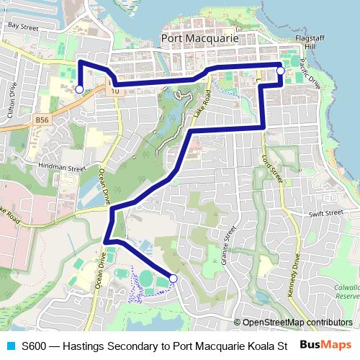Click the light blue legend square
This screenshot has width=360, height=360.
(10, 345)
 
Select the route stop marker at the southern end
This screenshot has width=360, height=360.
(173, 278)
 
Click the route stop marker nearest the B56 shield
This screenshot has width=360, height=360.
(79, 89)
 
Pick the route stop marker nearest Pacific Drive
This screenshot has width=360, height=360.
(280, 71)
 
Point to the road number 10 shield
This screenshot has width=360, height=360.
(115, 91)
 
